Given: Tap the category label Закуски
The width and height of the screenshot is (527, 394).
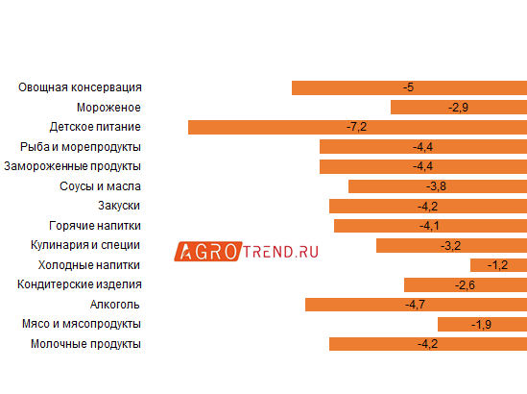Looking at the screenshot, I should (120, 206).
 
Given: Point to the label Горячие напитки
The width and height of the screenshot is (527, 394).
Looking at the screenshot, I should (100, 226).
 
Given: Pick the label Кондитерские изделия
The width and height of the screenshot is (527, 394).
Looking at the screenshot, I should (81, 284).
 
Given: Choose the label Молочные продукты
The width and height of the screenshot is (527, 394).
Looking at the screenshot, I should (86, 343).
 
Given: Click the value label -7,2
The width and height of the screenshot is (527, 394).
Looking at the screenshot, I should (357, 127).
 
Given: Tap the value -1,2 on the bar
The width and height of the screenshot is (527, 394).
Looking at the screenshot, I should (497, 265).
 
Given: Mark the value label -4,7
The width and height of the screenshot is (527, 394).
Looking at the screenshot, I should (416, 305).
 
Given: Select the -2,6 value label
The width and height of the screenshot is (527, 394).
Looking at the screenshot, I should (465, 284).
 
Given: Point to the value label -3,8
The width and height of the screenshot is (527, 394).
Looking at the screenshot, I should (436, 186).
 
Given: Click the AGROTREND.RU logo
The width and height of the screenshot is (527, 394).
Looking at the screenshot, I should (247, 251).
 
